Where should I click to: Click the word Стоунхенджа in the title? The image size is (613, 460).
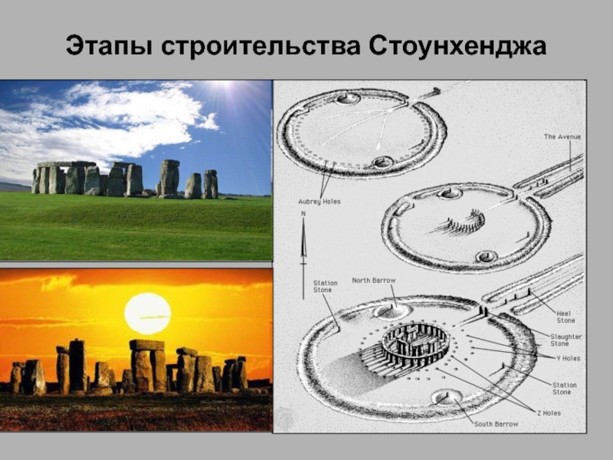point(457,47)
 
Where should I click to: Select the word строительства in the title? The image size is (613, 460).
point(260,47)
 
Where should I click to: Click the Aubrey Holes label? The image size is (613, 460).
point(320,202)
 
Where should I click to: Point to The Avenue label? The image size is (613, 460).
point(562,137)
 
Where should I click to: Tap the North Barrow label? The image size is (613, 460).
point(374,281)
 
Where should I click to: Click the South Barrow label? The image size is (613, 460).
point(496,424)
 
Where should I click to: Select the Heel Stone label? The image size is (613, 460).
point(565,317)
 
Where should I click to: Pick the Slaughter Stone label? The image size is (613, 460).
point(565,340)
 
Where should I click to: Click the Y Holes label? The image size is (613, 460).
point(569,358)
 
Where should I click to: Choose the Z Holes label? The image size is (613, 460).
point(548,412)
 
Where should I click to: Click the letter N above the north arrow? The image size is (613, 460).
point(303,215)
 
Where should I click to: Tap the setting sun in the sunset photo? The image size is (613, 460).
point(147,314)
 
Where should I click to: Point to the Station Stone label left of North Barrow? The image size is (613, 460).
point(325,286)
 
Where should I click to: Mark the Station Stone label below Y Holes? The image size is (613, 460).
point(564,389)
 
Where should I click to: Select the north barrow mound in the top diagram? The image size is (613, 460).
point(349,98)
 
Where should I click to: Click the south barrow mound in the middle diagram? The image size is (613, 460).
point(487,257)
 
